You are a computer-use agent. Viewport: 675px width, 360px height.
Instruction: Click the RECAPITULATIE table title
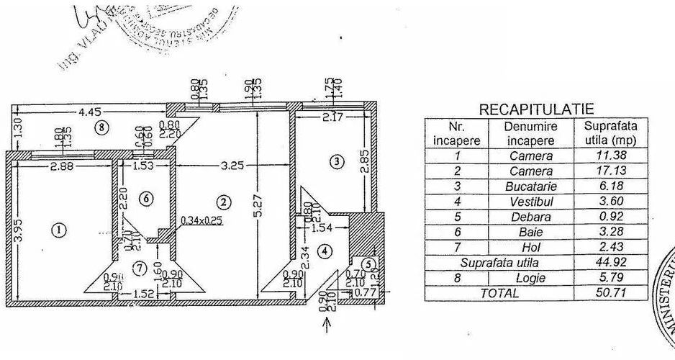pyautogui.click(x=536, y=109)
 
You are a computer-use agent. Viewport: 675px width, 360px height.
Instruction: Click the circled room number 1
pyautogui.click(x=60, y=230)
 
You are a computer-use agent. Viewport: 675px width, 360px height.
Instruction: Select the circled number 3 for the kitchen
pyautogui.click(x=336, y=162)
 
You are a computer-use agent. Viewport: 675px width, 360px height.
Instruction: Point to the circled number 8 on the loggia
pyautogui.click(x=103, y=127)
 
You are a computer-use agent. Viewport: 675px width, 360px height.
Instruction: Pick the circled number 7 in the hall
pyautogui.click(x=140, y=269)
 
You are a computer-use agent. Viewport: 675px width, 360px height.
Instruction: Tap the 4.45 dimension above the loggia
pyautogui.click(x=90, y=112)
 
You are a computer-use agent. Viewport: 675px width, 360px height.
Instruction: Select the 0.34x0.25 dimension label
pyautogui.click(x=202, y=220)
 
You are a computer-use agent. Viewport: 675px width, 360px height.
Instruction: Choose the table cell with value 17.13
pyautogui.click(x=610, y=171)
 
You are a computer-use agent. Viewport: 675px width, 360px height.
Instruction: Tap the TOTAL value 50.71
pyautogui.click(x=610, y=292)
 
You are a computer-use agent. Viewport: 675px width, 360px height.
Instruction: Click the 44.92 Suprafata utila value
pyautogui.click(x=610, y=262)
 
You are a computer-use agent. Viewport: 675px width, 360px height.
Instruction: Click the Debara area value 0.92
pyautogui.click(x=610, y=216)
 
